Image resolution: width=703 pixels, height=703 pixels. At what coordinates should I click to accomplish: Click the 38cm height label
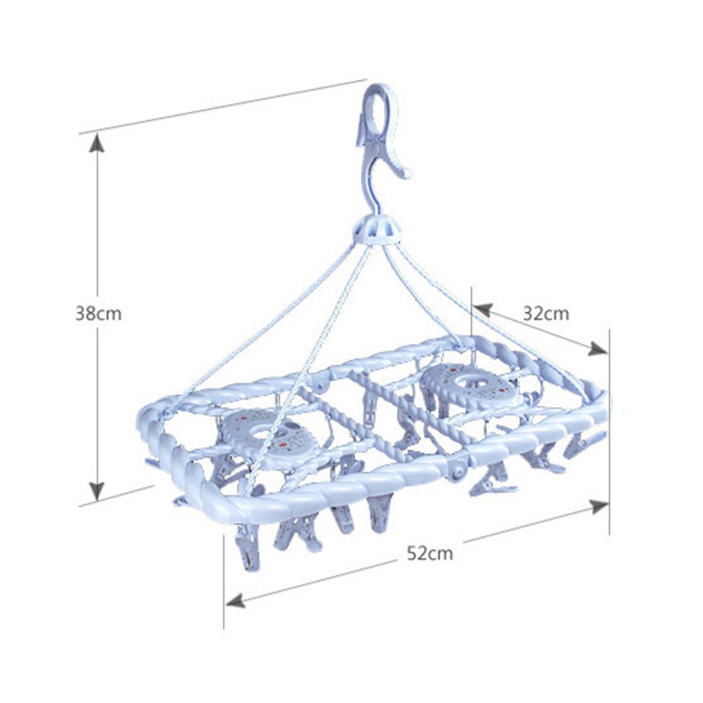click(98, 314)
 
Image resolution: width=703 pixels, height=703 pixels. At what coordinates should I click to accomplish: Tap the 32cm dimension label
click(546, 314)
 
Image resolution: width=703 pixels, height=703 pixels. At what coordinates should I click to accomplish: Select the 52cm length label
click(430, 553)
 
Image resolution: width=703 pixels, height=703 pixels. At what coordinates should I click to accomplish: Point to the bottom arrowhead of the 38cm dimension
click(97, 491)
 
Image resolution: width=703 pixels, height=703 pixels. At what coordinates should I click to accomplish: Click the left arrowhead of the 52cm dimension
click(236, 600)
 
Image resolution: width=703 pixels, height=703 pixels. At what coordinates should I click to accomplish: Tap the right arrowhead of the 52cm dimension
click(598, 507)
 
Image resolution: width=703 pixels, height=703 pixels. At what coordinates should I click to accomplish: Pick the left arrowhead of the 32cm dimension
click(482, 309)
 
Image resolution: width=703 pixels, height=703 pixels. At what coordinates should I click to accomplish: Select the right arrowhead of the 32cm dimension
click(598, 348)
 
